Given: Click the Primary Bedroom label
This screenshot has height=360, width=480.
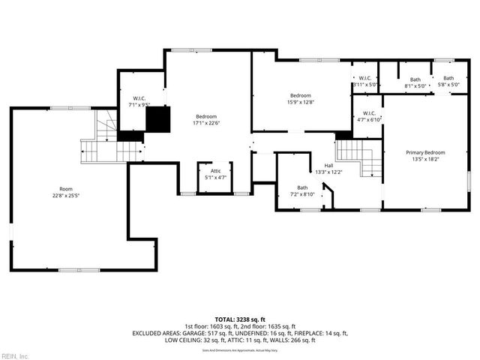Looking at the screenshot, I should click(x=425, y=151).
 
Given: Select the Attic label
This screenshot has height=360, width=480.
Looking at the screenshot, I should click(x=215, y=171).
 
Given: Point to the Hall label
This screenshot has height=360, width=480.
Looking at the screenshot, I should click(x=328, y=165).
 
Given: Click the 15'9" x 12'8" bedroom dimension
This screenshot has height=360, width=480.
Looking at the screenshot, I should click(x=301, y=103).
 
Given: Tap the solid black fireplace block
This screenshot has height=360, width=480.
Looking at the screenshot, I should click(x=158, y=118).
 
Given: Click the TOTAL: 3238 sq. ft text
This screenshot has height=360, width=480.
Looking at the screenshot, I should click(x=240, y=319).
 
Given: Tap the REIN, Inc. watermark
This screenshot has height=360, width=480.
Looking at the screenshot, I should click(x=15, y=355).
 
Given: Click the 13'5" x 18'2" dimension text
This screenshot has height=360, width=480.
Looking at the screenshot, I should click(x=425, y=159).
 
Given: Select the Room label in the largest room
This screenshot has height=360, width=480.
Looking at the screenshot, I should click(x=67, y=189).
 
